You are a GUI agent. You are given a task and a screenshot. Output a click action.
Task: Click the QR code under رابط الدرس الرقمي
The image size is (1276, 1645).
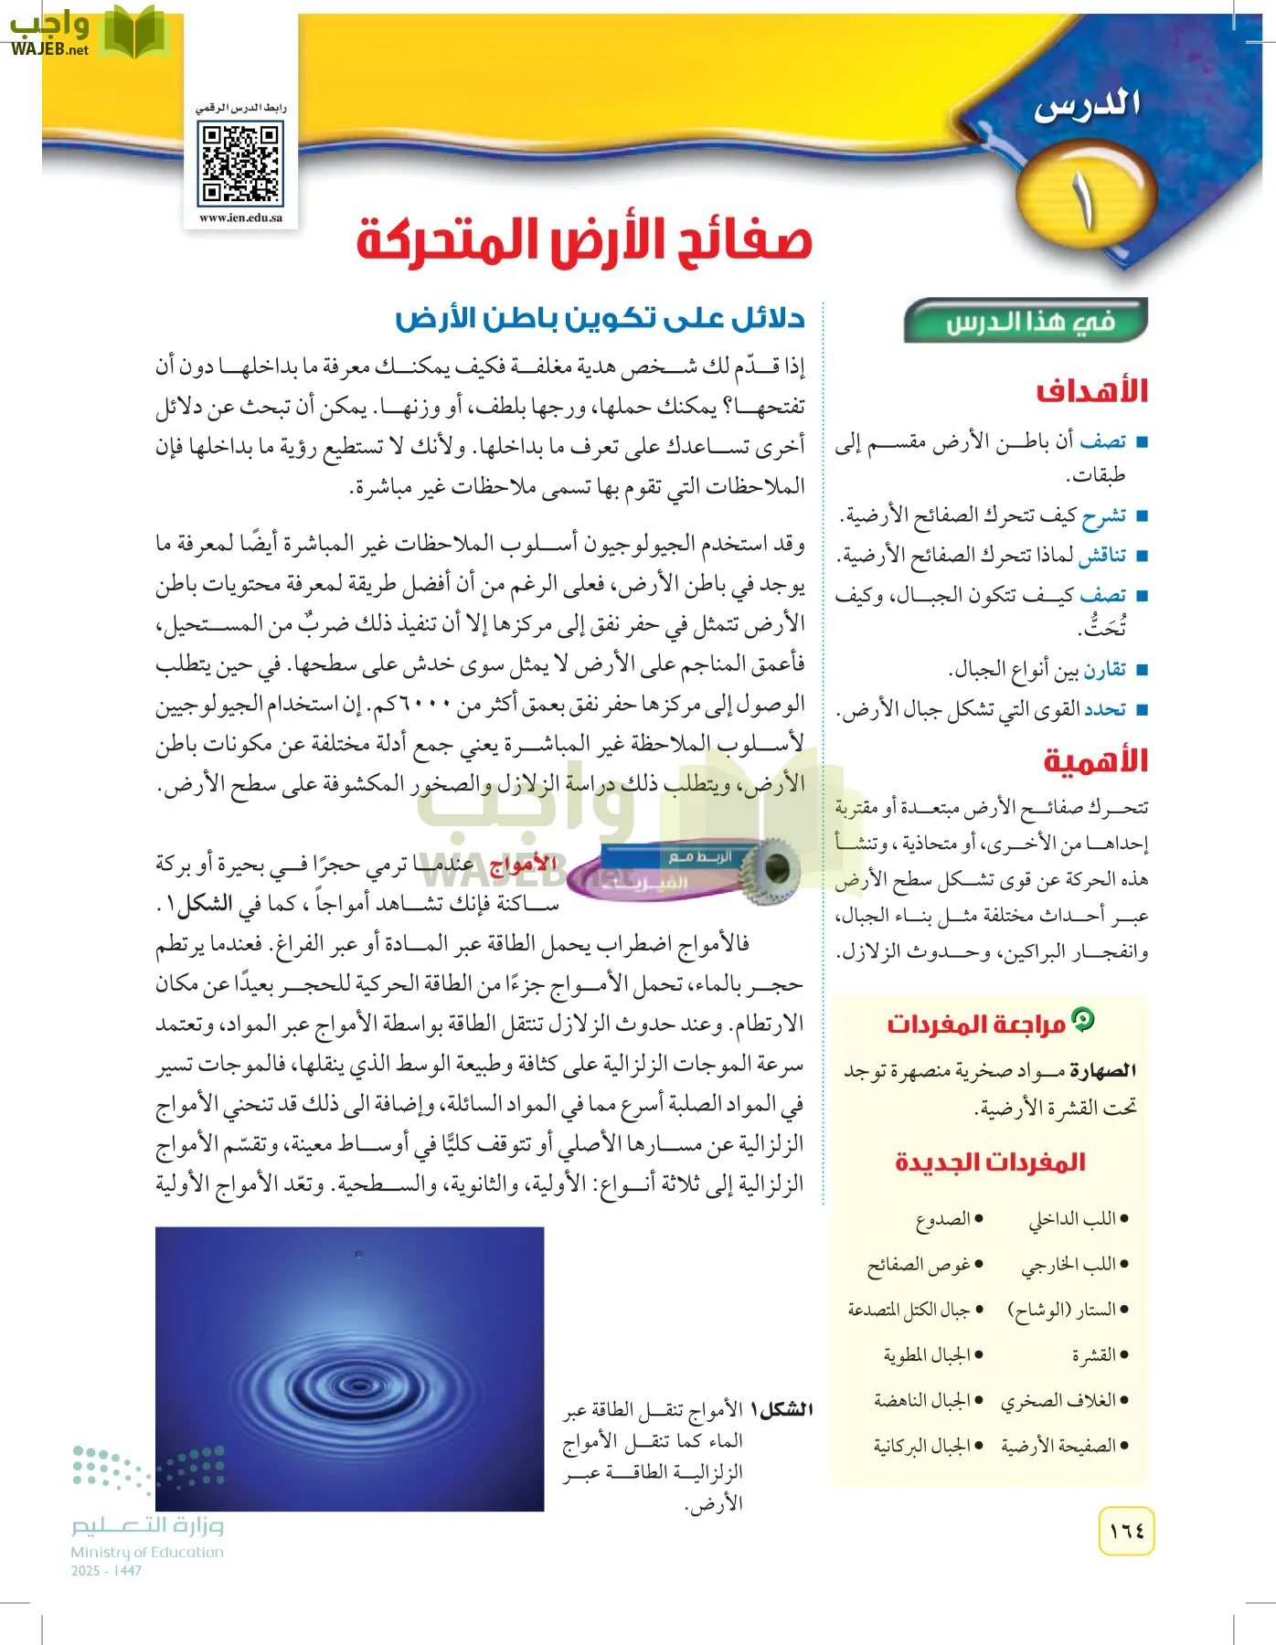click(240, 164)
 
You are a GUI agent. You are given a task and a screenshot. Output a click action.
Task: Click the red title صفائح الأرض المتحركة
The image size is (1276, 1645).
click(584, 240)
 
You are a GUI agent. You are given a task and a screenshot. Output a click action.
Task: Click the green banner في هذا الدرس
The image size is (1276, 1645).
click(1027, 322)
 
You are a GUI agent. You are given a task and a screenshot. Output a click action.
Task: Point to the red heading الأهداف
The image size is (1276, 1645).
click(1091, 391)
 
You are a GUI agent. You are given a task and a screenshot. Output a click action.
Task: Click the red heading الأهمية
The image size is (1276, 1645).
click(1095, 760)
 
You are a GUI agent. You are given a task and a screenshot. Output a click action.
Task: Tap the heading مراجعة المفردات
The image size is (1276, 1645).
click(976, 1024)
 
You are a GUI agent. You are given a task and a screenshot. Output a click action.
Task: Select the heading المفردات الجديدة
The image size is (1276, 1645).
click(990, 1162)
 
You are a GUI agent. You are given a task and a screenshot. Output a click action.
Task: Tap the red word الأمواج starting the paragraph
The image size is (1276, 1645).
click(523, 864)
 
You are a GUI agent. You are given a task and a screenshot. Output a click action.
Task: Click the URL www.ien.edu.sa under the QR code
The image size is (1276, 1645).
click(240, 218)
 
